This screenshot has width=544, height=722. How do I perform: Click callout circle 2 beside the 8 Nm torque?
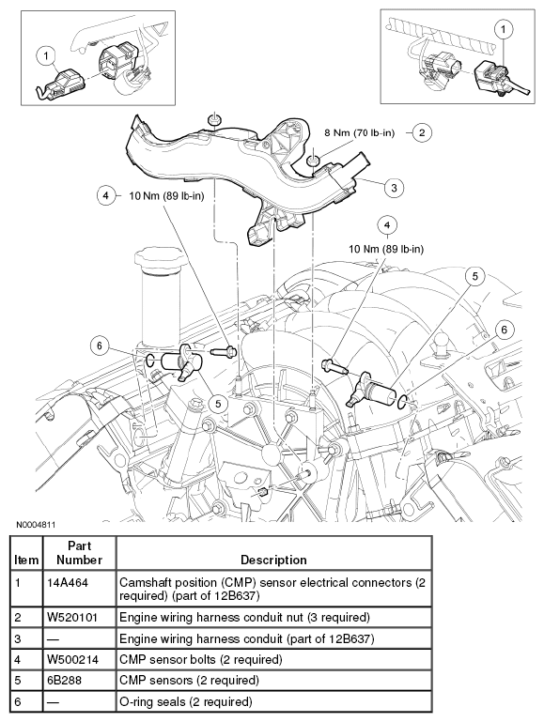422,132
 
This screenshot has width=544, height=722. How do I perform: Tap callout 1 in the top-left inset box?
44,55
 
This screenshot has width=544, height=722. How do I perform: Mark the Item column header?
26,560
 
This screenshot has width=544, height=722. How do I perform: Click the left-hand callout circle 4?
106,196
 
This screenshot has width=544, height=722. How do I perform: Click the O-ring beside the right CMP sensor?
403,404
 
